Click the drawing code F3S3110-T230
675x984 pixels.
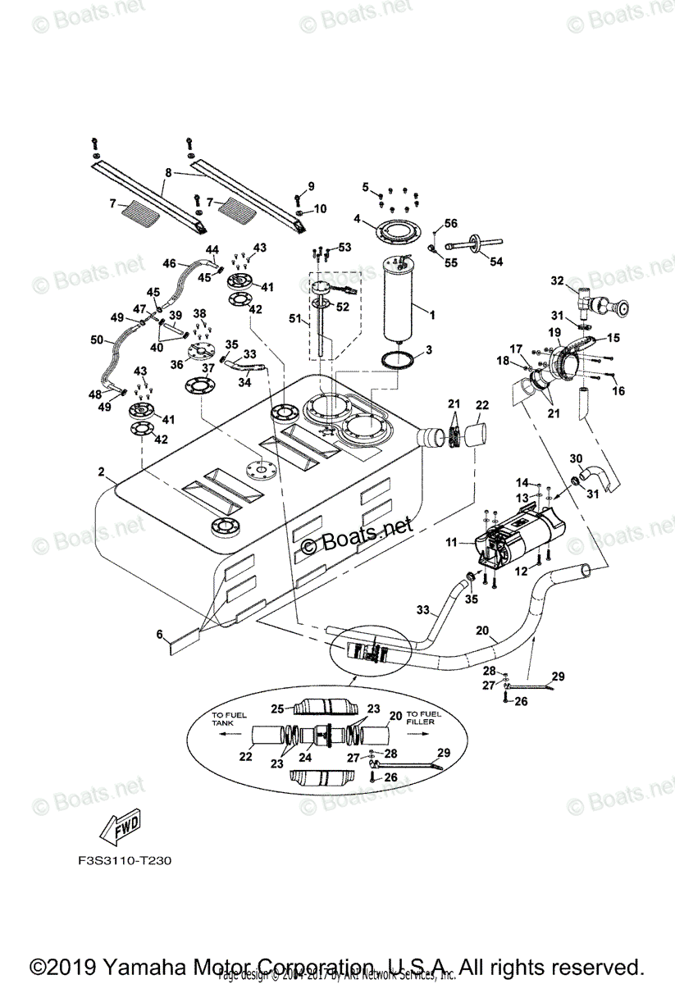[120, 862]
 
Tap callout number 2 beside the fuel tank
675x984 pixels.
[101, 472]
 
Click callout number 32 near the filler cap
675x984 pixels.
[557, 280]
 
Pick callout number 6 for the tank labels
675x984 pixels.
[162, 634]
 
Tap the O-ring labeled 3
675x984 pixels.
[397, 359]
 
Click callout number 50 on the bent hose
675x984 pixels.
[96, 339]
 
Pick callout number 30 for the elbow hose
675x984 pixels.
[576, 459]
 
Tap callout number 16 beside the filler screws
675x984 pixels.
[619, 392]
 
